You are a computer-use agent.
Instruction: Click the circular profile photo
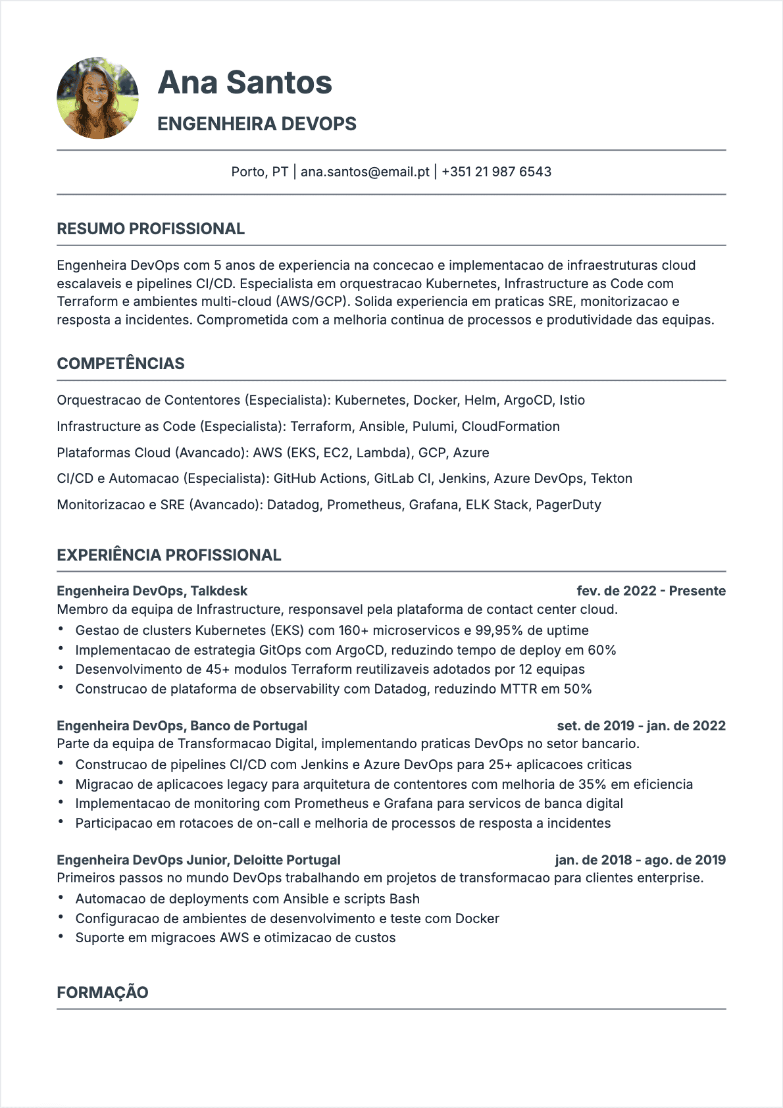pyautogui.click(x=97, y=98)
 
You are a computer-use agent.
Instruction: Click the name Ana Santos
pyautogui.click(x=245, y=83)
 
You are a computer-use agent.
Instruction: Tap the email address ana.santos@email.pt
pyautogui.click(x=365, y=172)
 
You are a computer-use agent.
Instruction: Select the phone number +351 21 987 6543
pyautogui.click(x=496, y=172)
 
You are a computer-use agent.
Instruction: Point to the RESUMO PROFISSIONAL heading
pyautogui.click(x=151, y=229)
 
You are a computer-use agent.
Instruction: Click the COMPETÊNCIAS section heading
pyautogui.click(x=120, y=364)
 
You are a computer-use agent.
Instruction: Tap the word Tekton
pyautogui.click(x=611, y=478)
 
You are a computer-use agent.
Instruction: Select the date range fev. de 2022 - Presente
pyautogui.click(x=651, y=591)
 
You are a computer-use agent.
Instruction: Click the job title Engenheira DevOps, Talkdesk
pyautogui.click(x=152, y=591)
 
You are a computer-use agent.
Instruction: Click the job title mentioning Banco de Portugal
pyautogui.click(x=182, y=726)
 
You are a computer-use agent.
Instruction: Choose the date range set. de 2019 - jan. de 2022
pyautogui.click(x=641, y=726)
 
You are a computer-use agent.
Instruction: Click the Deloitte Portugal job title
pyautogui.click(x=199, y=860)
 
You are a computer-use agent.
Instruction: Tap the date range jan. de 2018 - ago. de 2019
pyautogui.click(x=640, y=860)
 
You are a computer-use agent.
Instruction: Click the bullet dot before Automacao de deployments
pyautogui.click(x=61, y=898)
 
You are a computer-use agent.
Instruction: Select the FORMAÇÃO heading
pyautogui.click(x=103, y=993)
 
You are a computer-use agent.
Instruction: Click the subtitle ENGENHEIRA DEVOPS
pyautogui.click(x=257, y=124)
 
